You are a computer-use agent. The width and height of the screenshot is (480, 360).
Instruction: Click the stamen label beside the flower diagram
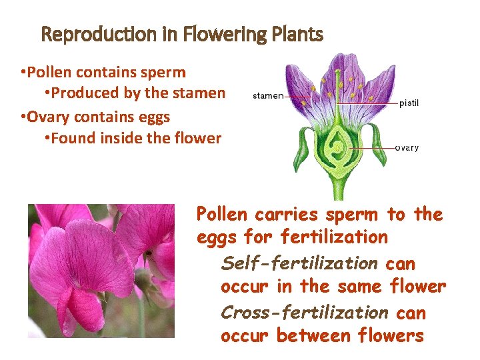268,96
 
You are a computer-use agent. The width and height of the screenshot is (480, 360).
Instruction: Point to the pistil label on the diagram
409,103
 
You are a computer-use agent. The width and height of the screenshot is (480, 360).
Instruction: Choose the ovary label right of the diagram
407,147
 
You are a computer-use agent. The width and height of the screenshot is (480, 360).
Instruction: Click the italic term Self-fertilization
300,263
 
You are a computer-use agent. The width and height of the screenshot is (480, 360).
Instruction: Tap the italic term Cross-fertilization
304,313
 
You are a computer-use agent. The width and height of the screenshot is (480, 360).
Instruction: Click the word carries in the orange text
289,215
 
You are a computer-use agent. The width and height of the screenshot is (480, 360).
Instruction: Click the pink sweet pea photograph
101,271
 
